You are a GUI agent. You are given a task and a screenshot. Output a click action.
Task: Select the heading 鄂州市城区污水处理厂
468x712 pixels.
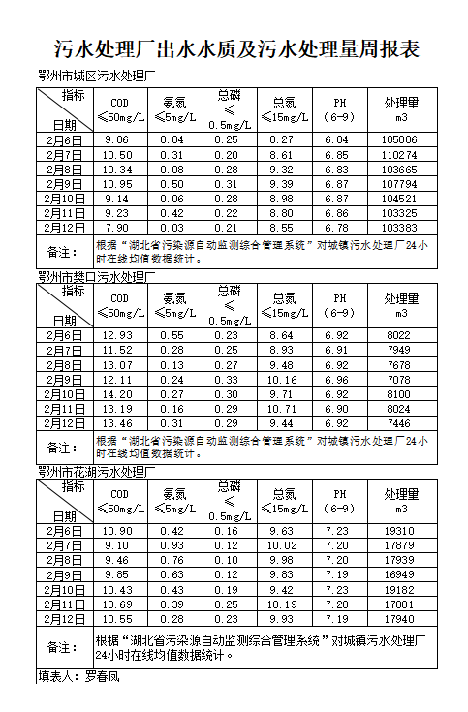click(x=96, y=77)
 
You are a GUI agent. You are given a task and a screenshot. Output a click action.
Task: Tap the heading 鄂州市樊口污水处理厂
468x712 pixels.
click(x=96, y=277)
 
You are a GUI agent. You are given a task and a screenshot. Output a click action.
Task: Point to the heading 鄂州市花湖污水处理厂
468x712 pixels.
click(x=96, y=473)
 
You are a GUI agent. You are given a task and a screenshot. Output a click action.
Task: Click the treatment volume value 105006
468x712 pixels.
click(x=400, y=140)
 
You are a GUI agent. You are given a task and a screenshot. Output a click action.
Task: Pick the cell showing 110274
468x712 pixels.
click(x=400, y=155)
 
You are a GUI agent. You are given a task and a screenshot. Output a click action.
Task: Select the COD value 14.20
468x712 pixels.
click(x=119, y=394)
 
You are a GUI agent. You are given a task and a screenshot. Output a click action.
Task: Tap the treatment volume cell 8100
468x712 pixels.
click(x=400, y=394)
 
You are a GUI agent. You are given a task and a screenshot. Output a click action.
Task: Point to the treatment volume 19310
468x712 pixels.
click(x=400, y=531)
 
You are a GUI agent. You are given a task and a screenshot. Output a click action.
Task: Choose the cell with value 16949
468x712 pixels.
click(x=400, y=574)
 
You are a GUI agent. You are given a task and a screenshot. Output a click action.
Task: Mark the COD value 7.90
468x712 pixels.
click(x=119, y=227)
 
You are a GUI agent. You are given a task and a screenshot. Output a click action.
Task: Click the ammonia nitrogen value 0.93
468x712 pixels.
click(x=172, y=545)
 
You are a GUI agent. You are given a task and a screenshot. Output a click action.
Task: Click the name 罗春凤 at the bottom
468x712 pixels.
click(x=102, y=675)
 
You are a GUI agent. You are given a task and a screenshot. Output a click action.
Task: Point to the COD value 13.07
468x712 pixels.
click(x=119, y=365)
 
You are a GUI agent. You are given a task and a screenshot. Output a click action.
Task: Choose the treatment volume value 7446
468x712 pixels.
click(x=400, y=423)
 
